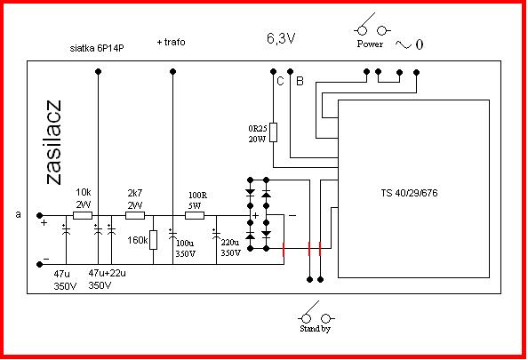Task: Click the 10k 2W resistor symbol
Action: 83,215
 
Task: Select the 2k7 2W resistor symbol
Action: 135,215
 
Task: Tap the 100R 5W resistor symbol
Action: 195,215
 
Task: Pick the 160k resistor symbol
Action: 153,240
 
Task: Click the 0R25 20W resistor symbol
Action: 274,132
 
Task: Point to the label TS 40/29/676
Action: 409,193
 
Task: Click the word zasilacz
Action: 54,142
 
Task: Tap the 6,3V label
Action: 281,39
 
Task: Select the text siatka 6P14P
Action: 97,48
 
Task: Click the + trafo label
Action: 171,42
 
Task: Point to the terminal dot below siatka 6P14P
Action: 99,71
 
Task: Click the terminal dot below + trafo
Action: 172,71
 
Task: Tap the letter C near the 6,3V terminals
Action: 280,81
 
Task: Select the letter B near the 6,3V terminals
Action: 300,81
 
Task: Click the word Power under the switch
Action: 370,44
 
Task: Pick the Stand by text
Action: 316,329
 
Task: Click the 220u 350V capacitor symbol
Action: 216,234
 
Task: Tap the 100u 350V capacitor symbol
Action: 172,234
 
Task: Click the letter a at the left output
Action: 18,214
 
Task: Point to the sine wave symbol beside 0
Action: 404,44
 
